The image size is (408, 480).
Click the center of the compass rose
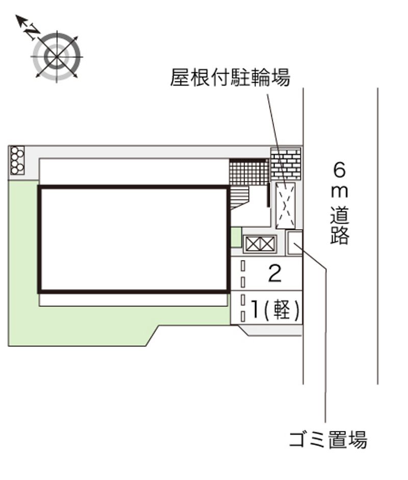click(x=57, y=57)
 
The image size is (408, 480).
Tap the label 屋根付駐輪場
click(x=230, y=77)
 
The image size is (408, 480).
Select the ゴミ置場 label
click(x=328, y=440)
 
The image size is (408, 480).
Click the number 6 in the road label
click(x=340, y=170)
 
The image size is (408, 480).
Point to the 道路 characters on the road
click(x=340, y=225)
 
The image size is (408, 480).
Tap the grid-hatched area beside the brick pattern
click(x=249, y=172)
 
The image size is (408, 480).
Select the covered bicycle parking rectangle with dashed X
click(x=285, y=206)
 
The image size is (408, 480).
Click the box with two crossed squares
click(x=260, y=244)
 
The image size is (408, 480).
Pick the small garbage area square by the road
click(x=294, y=243)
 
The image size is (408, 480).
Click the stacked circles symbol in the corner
click(x=17, y=160)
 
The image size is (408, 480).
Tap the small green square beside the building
click(x=236, y=237)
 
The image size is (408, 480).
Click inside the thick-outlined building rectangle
click(x=134, y=239)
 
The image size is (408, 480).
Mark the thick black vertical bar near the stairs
click(x=268, y=195)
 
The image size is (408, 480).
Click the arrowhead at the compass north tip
click(x=20, y=19)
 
